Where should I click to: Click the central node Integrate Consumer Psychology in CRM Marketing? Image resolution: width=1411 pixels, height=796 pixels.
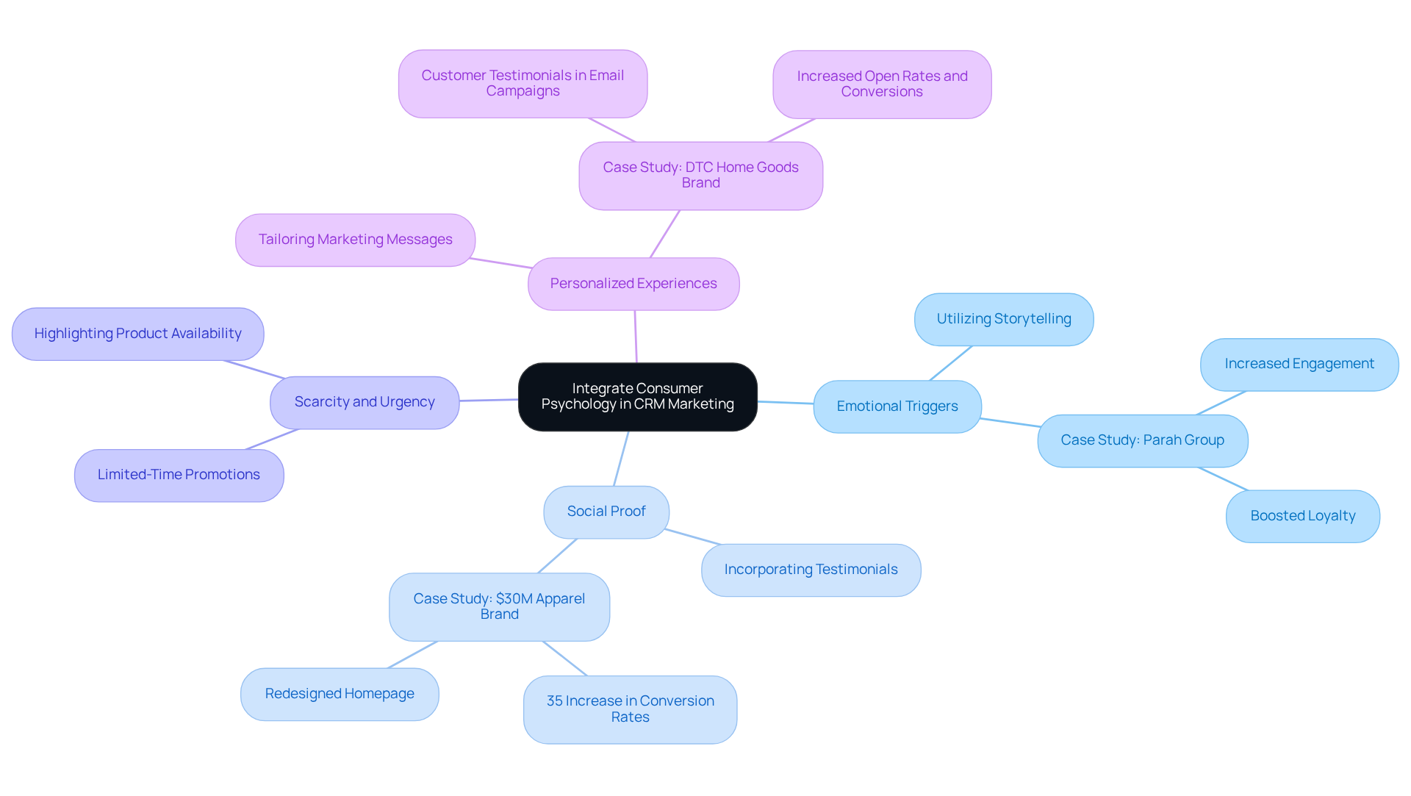pos(637,397)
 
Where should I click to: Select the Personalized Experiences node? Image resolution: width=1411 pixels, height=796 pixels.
pos(633,284)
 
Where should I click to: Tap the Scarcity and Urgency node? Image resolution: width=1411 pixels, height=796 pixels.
pos(365,402)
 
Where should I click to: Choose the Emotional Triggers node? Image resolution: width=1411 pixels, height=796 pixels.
pos(897,406)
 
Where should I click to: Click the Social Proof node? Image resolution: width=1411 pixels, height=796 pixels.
pos(606,512)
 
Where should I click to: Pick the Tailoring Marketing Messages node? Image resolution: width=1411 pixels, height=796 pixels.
pos(355,240)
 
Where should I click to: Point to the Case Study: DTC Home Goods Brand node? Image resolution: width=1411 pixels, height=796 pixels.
pos(700,176)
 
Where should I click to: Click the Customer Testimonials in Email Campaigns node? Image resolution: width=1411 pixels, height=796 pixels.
pos(523,84)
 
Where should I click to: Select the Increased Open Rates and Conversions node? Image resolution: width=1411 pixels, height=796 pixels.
pos(881,85)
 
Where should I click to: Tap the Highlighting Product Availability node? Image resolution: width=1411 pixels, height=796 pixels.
pos(137,334)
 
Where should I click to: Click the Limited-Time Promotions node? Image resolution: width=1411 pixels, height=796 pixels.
pos(179,475)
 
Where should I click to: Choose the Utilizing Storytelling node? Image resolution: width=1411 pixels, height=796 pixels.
pos(1003,319)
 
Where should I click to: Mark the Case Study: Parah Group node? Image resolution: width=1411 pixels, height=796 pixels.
pos(1142,440)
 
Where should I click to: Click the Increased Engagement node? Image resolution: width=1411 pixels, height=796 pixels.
pos(1299,364)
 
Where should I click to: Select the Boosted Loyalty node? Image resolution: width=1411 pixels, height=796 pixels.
pos(1302,516)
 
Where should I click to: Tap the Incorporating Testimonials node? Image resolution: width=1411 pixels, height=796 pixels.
pos(811,570)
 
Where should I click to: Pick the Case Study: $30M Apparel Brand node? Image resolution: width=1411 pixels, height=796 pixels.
pos(499,606)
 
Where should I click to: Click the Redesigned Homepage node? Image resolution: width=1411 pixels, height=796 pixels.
pos(340,694)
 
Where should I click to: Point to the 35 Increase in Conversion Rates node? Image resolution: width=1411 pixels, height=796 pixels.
pos(630,709)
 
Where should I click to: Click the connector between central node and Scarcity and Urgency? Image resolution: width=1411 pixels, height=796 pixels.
pos(489,400)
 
